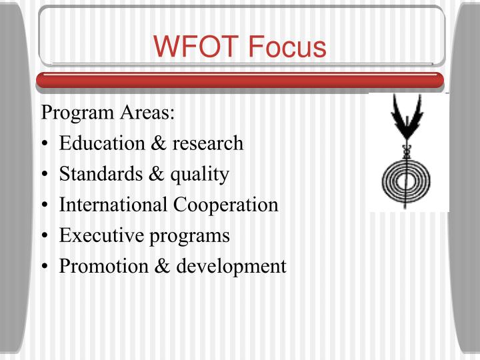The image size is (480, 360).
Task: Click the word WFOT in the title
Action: pyautogui.click(x=197, y=47)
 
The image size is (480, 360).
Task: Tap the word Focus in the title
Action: pyautogui.click(x=287, y=47)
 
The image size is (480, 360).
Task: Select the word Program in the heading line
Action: pyautogui.click(x=74, y=113)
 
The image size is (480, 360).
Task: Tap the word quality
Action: pyautogui.click(x=200, y=175)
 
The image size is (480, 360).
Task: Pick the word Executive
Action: pyautogui.click(x=100, y=235)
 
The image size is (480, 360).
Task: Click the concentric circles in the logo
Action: pyautogui.click(x=405, y=179)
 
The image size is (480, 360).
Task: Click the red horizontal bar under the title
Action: pyautogui.click(x=240, y=80)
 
